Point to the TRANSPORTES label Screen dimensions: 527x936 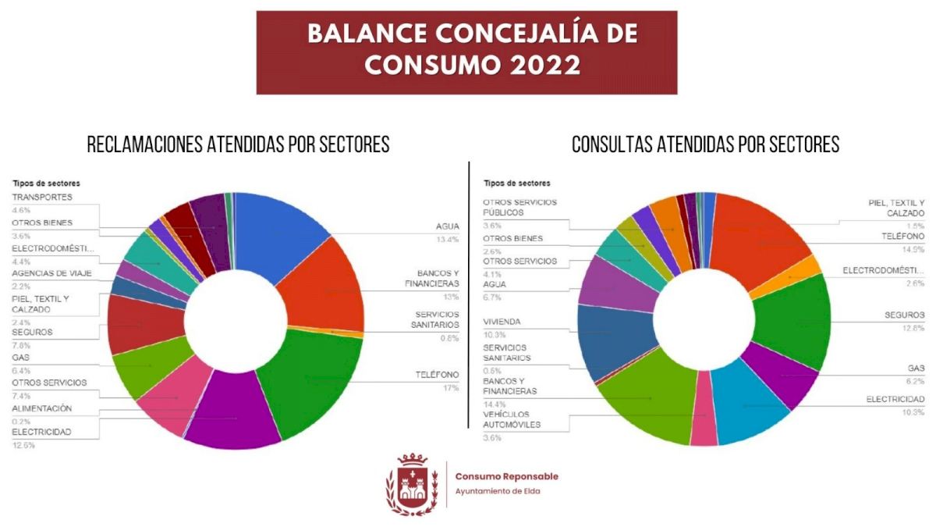click(42, 197)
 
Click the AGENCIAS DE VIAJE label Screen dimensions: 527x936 click(51, 273)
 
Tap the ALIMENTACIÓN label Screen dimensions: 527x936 click(42, 408)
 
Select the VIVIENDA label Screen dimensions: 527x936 click(502, 322)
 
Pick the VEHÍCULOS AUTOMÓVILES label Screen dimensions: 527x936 click(512, 419)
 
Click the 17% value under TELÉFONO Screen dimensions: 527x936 click(450, 386)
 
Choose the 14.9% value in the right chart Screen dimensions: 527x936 click(913, 250)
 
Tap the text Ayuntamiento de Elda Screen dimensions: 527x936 click(497, 491)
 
